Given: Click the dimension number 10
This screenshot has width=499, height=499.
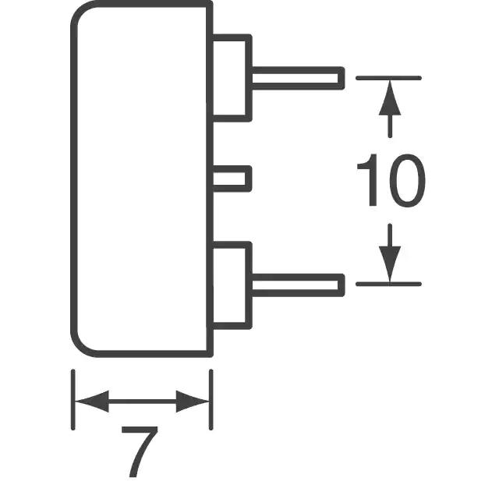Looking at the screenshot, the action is pyautogui.click(x=391, y=181).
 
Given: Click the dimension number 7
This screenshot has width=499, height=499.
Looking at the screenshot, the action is pyautogui.click(x=141, y=451).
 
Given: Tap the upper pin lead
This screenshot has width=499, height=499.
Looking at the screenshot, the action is pyautogui.click(x=296, y=78).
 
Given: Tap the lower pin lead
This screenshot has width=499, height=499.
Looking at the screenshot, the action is pyautogui.click(x=296, y=284).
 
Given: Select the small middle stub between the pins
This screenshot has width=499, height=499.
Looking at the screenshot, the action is pyautogui.click(x=232, y=178).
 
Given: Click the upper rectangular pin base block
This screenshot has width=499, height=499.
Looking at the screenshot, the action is pyautogui.click(x=232, y=78).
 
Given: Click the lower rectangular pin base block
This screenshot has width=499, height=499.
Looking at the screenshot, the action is pyautogui.click(x=232, y=284).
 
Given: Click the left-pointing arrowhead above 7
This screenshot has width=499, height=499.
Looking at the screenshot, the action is pyautogui.click(x=90, y=402).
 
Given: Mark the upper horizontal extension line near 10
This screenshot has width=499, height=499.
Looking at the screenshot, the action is pyautogui.click(x=388, y=78).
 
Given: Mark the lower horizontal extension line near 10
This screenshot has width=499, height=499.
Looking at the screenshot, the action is pyautogui.click(x=388, y=284).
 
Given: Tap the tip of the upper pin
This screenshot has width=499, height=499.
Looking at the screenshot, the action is pyautogui.click(x=341, y=78).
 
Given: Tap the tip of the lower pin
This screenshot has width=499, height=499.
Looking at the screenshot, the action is pyautogui.click(x=341, y=284).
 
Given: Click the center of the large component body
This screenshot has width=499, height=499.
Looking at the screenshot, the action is pyautogui.click(x=141, y=179).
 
